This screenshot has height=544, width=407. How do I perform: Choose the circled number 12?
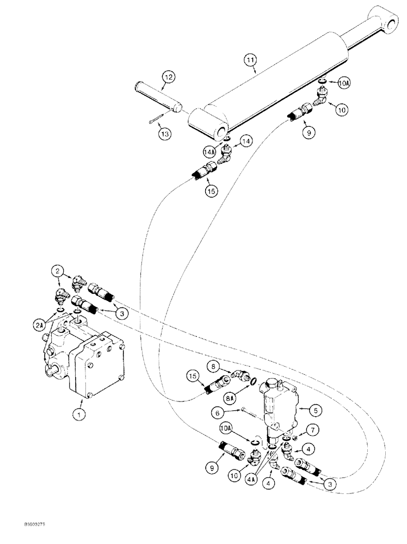pyautogui.click(x=168, y=78)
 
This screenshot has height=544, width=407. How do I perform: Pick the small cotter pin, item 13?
pyautogui.click(x=155, y=121)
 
